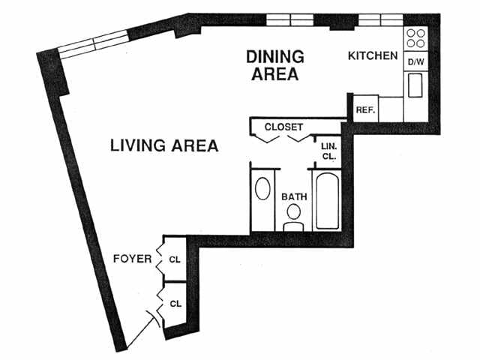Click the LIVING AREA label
click(164, 145)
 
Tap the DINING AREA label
click(275, 65)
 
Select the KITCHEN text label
click(373, 55)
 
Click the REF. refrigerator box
click(365, 109)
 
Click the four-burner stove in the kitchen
click(415, 37)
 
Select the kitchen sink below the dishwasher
click(415, 85)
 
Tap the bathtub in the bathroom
click(328, 200)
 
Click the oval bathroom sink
click(263, 189)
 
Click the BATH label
click(294, 197)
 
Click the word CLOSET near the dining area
click(284, 127)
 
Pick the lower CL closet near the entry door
click(175, 304)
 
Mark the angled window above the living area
click(94, 42)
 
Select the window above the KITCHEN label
click(379, 19)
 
